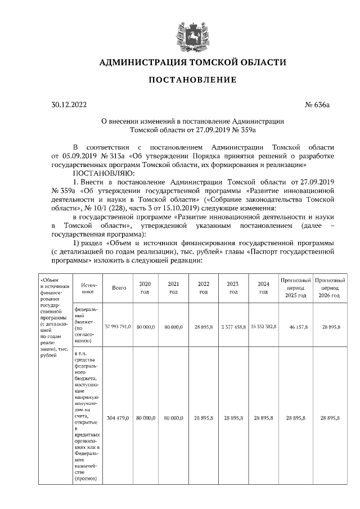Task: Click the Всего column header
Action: coord(119,287)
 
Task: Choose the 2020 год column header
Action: coord(145,287)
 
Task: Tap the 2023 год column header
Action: coord(233,287)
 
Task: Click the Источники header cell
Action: coord(86,287)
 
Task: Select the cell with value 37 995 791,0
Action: coord(119,326)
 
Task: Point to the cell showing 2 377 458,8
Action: coord(233,326)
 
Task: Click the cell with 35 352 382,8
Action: coord(263,326)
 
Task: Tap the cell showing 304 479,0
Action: coord(119,418)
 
